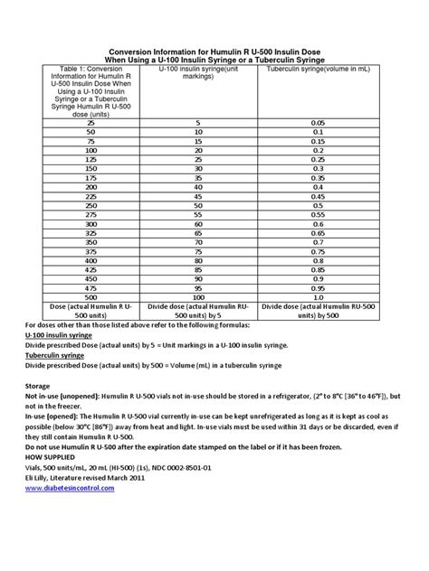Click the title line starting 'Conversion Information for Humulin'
[214, 52]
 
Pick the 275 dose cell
[89, 216]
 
